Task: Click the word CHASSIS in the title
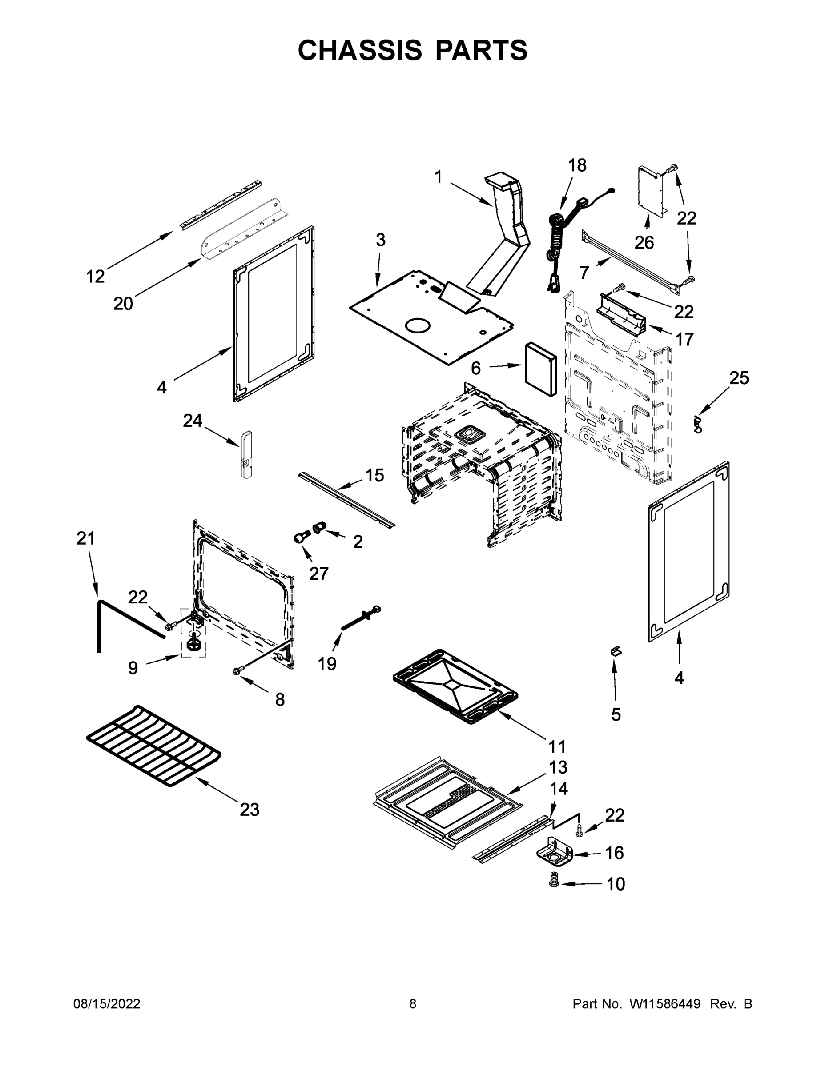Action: click(360, 50)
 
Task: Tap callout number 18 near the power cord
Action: click(577, 166)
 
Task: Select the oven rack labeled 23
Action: click(154, 745)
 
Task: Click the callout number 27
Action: click(319, 574)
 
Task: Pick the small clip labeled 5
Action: click(616, 651)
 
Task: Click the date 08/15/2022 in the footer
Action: click(107, 1004)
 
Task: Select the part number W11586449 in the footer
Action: click(665, 1004)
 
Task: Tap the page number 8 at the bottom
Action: click(413, 1004)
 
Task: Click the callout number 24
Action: click(193, 421)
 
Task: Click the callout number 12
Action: click(95, 277)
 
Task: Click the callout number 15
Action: click(375, 475)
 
